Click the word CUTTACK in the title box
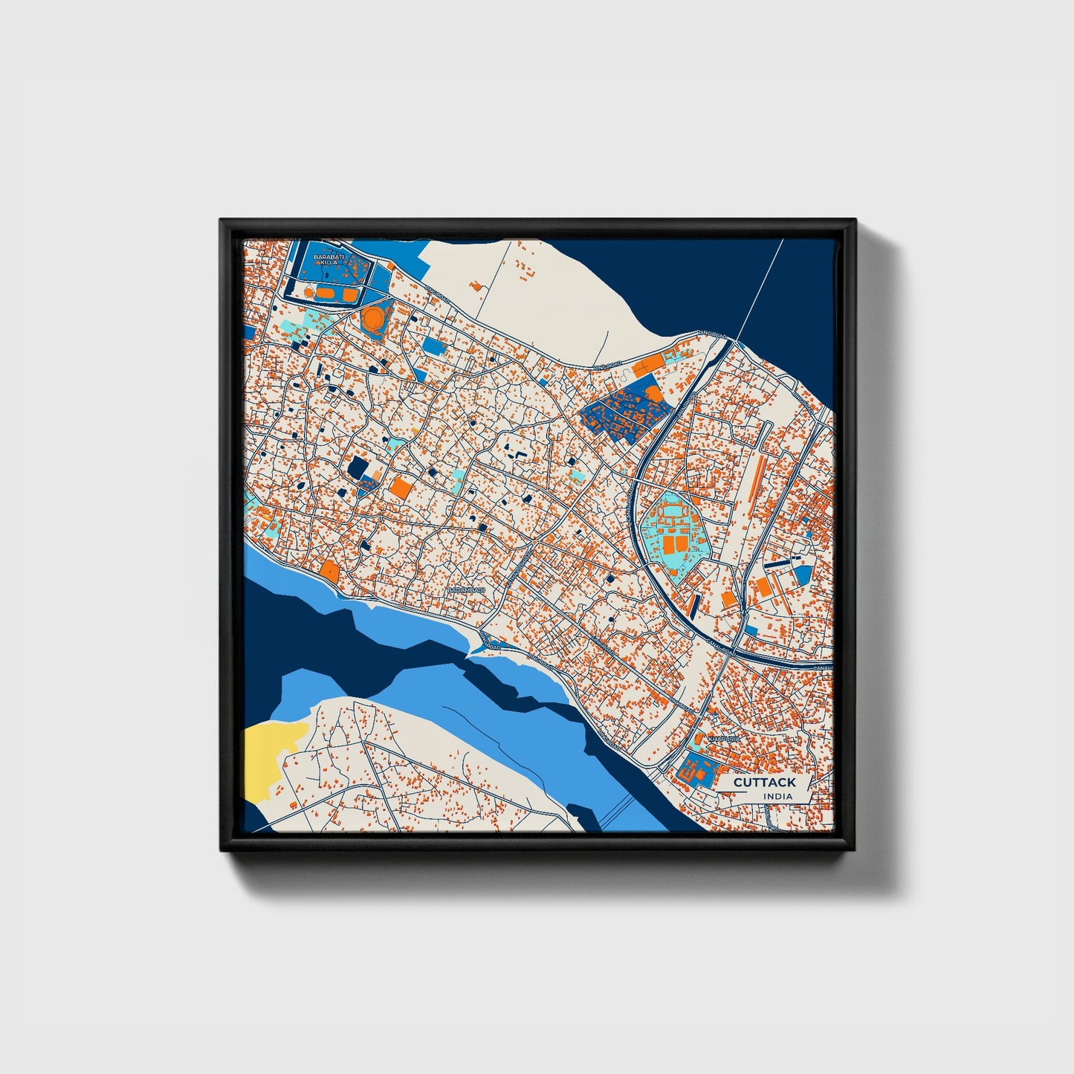pos(764,782)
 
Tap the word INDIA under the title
pos(777,796)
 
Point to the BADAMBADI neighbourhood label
pos(466,589)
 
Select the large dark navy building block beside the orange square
pos(359,469)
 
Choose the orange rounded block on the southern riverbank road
pos(329,570)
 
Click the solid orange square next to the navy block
pos(400,488)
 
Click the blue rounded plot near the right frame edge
pos(803,574)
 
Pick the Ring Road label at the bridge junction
pos(713,338)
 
